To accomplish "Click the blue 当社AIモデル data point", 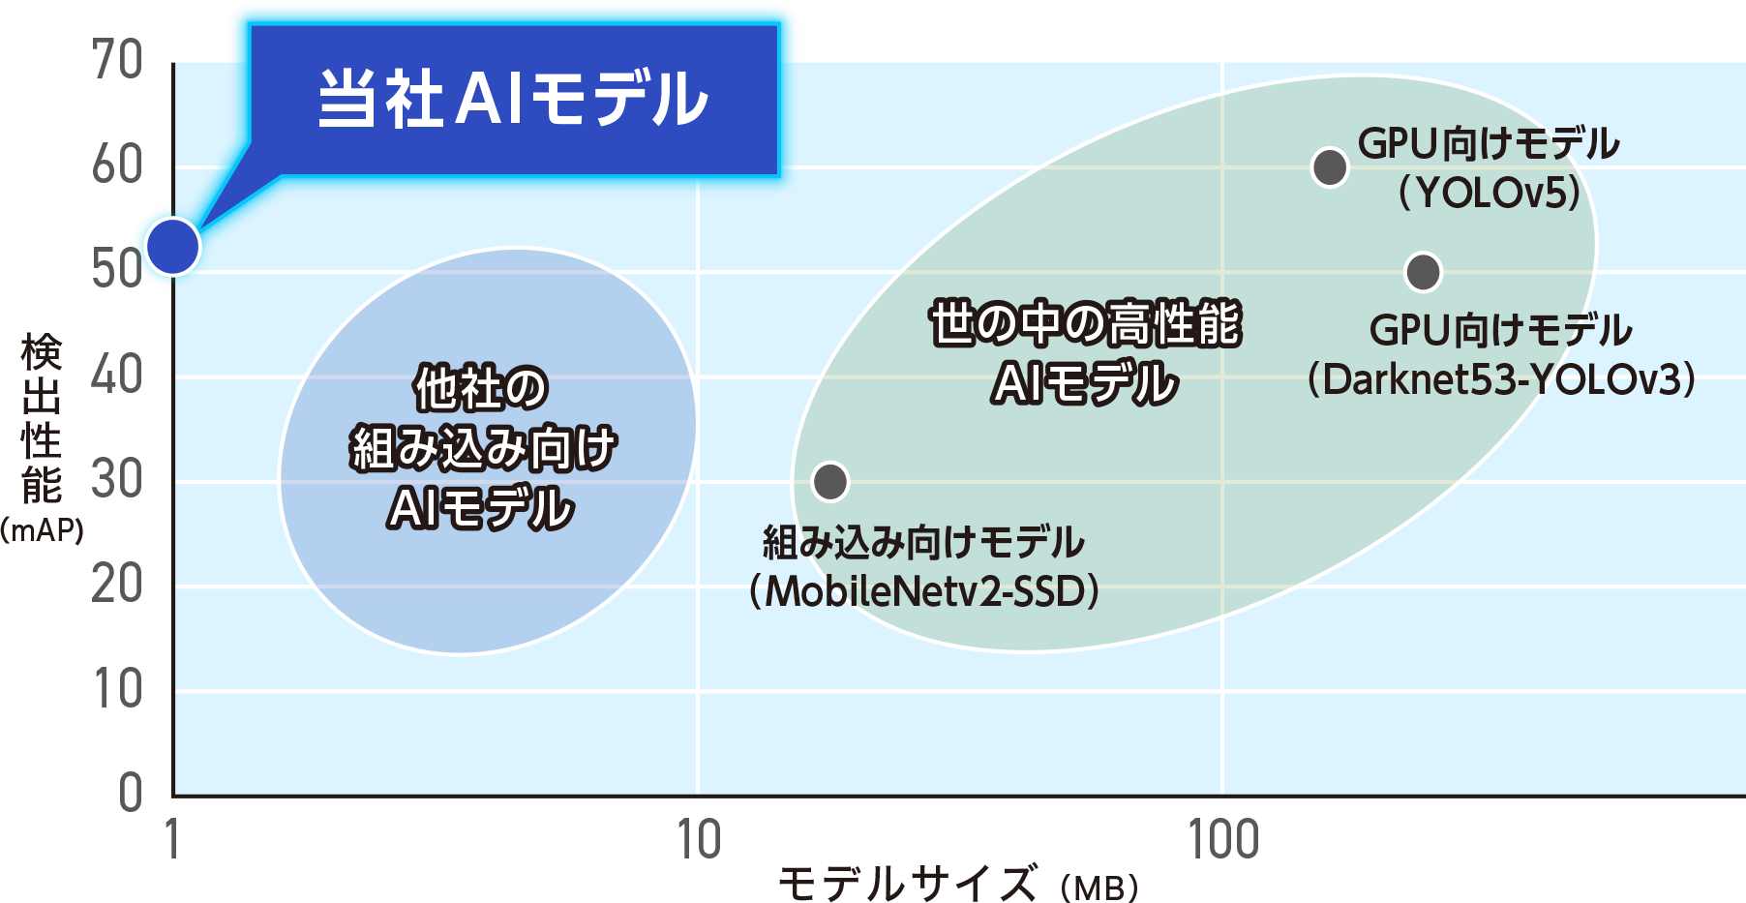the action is pos(173,246).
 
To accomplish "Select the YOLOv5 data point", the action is pos(1330,167).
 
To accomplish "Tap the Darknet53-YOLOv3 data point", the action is pos(1423,272).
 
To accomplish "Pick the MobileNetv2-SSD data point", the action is pos(830,481).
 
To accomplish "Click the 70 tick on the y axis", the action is pos(118,60).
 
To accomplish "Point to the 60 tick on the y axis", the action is pos(118,166).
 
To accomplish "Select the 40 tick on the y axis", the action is pos(118,375).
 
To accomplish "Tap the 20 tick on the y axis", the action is pos(118,585).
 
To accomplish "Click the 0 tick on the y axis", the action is pos(131,793).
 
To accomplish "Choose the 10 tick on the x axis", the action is pos(699,839).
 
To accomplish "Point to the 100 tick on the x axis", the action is pos(1223,839).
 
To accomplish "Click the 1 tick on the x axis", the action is pos(172,839).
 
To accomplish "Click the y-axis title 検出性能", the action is pos(42,418).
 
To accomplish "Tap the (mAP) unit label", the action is pos(42,530).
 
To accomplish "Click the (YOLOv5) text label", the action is pos(1489,193).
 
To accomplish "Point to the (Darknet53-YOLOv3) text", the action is pos(1501,378).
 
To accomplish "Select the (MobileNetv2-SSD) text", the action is pos(924,590).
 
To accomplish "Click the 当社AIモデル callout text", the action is pos(514,99).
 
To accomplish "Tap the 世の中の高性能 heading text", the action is pos(1085,324).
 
